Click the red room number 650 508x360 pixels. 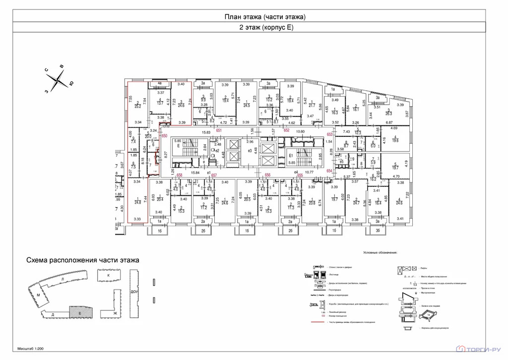tap(165, 135)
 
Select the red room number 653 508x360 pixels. tap(329, 134)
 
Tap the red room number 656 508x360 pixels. tap(267, 175)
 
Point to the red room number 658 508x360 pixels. tap(180, 175)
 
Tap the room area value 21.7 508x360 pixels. tap(312, 106)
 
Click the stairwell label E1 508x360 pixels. tap(292, 155)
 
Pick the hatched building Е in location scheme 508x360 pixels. tap(78, 313)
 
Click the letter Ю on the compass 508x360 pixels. tap(71, 84)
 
